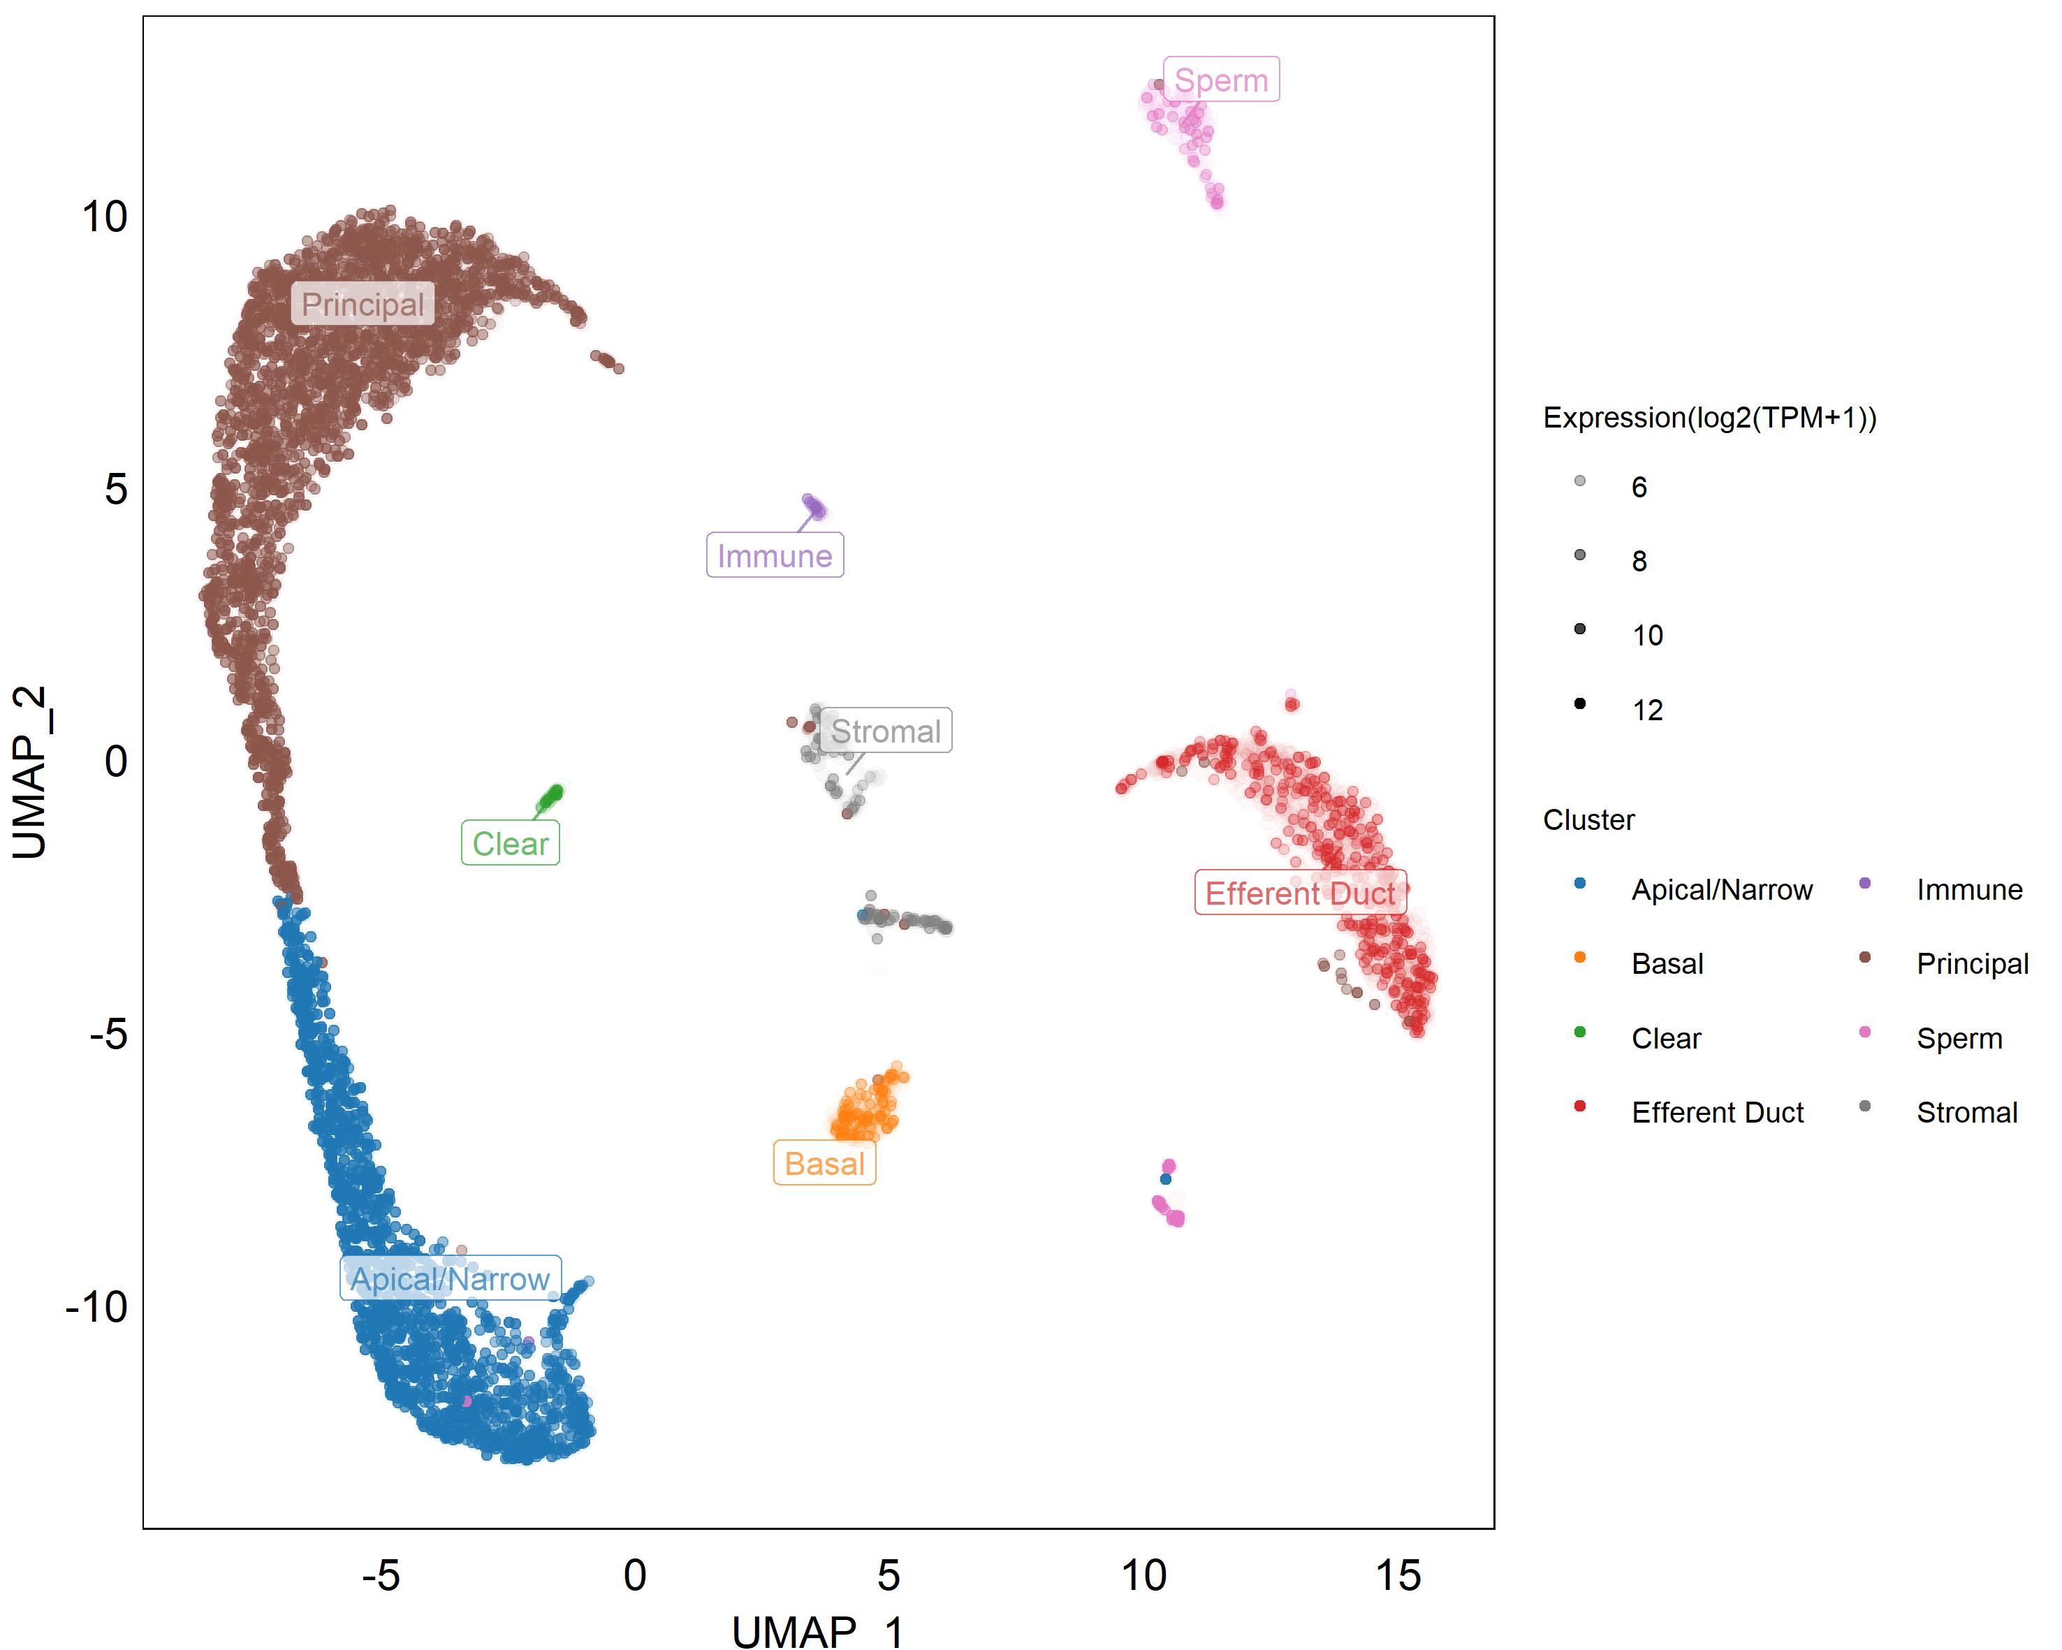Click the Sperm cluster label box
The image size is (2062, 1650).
click(x=1220, y=80)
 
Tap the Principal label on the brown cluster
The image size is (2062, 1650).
click(x=363, y=304)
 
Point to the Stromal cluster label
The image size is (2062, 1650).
click(x=886, y=731)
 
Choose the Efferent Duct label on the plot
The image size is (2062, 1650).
click(x=1300, y=893)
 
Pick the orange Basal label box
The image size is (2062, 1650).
click(x=824, y=1164)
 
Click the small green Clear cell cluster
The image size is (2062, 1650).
click(x=551, y=796)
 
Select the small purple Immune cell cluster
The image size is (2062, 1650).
click(x=813, y=506)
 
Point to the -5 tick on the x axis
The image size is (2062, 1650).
click(x=381, y=1575)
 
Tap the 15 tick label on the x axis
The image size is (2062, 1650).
click(x=1397, y=1575)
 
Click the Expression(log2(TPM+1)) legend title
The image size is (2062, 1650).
click(x=1709, y=418)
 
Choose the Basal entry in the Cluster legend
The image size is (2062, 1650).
click(x=1667, y=964)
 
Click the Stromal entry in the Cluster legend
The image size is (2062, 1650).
click(x=1966, y=1112)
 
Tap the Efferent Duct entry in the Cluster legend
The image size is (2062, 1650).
click(x=1717, y=1112)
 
